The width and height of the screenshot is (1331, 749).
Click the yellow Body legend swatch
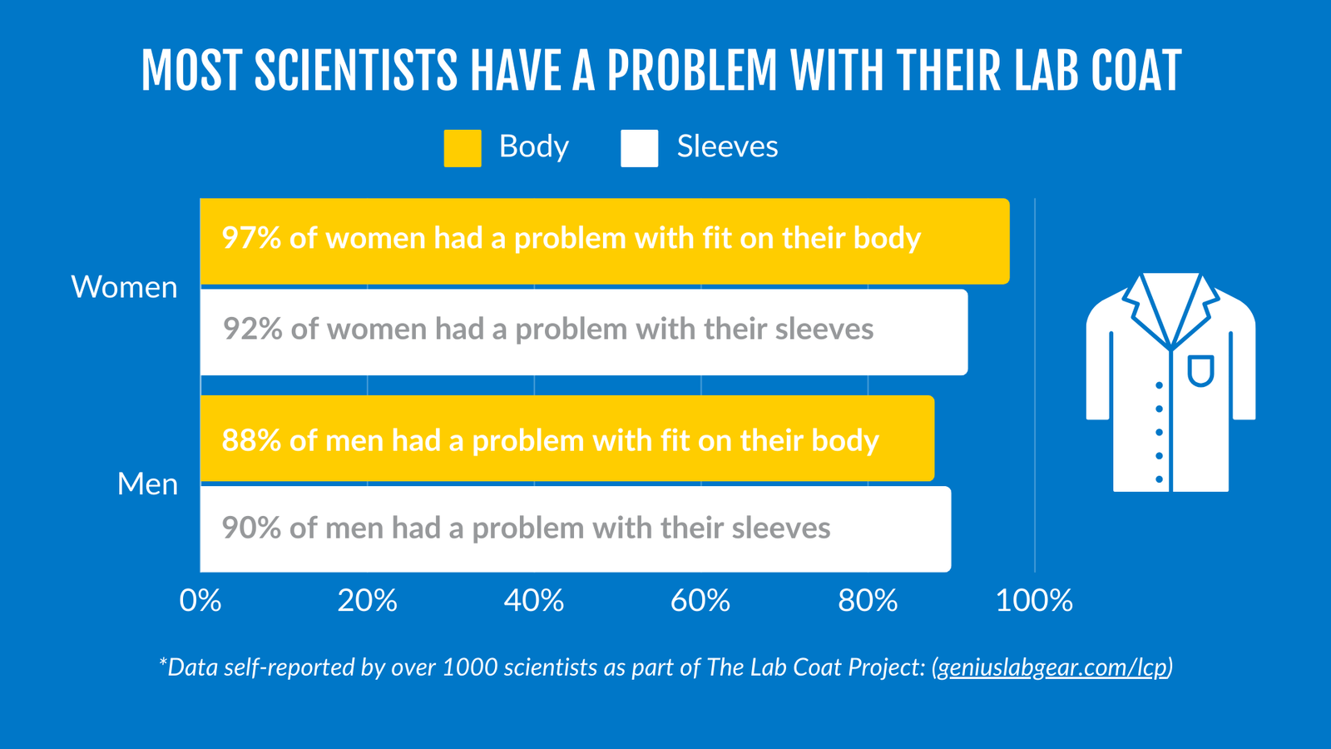click(463, 148)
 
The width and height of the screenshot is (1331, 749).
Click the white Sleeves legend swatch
click(639, 148)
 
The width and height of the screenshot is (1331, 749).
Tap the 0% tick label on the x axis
click(200, 600)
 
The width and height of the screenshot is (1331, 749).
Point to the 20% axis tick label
click(367, 600)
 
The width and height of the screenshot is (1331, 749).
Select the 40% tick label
click(534, 600)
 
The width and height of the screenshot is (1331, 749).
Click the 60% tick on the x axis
click(700, 600)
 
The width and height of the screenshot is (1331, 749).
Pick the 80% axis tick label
click(868, 600)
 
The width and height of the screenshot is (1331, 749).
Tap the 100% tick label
click(1034, 600)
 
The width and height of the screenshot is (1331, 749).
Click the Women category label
click(125, 287)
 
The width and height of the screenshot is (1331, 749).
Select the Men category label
click(147, 484)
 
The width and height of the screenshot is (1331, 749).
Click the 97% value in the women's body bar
click(251, 239)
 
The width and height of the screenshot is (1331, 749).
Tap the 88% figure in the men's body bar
click(251, 440)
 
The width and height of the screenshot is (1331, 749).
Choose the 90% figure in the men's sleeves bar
click(251, 528)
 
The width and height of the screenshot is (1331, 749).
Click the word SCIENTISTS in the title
click(355, 71)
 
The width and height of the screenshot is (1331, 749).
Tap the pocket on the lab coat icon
click(1200, 370)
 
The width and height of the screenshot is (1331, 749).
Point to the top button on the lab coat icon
click(1159, 385)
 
